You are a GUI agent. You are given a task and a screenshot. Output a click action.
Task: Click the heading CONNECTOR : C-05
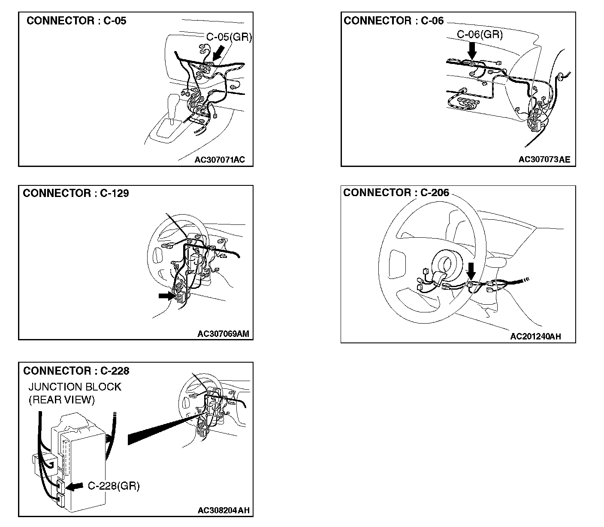(76, 21)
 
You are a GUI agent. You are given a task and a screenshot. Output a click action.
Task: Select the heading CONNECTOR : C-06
(393, 21)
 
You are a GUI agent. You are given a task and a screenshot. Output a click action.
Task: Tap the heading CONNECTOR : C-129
(76, 193)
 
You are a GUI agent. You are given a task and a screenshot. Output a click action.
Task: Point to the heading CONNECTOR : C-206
(396, 193)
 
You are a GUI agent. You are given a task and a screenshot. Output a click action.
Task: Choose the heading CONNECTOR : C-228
(76, 371)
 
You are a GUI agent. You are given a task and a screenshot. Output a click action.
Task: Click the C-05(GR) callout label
(229, 37)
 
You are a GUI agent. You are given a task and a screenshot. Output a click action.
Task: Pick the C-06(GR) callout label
(480, 34)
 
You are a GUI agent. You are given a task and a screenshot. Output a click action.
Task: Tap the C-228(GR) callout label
(114, 486)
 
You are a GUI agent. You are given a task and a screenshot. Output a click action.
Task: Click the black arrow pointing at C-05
(218, 55)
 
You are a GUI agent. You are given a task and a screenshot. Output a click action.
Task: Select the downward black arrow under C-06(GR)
(472, 51)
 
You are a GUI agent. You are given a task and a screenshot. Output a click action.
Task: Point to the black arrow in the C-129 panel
(167, 296)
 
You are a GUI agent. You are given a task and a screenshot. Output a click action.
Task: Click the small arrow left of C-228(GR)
(74, 486)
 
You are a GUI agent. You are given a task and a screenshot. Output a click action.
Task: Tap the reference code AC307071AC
(220, 160)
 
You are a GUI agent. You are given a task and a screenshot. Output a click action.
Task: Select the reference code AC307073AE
(544, 159)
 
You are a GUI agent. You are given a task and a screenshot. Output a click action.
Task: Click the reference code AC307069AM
(223, 334)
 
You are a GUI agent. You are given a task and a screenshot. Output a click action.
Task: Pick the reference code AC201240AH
(535, 336)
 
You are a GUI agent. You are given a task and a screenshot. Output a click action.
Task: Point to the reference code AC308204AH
(223, 510)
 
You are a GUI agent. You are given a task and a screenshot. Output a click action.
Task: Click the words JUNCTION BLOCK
(75, 387)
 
